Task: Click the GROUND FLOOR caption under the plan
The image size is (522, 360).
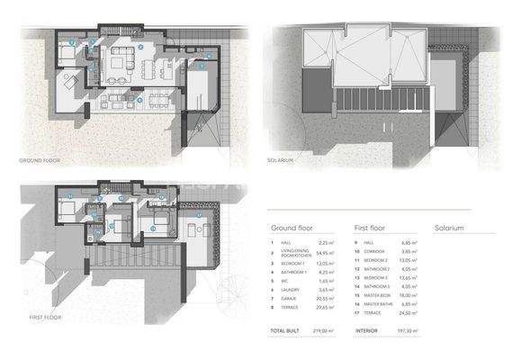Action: (x=40, y=160)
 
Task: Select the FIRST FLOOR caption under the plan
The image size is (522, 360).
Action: (x=36, y=318)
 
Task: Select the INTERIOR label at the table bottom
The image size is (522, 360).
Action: (x=365, y=331)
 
